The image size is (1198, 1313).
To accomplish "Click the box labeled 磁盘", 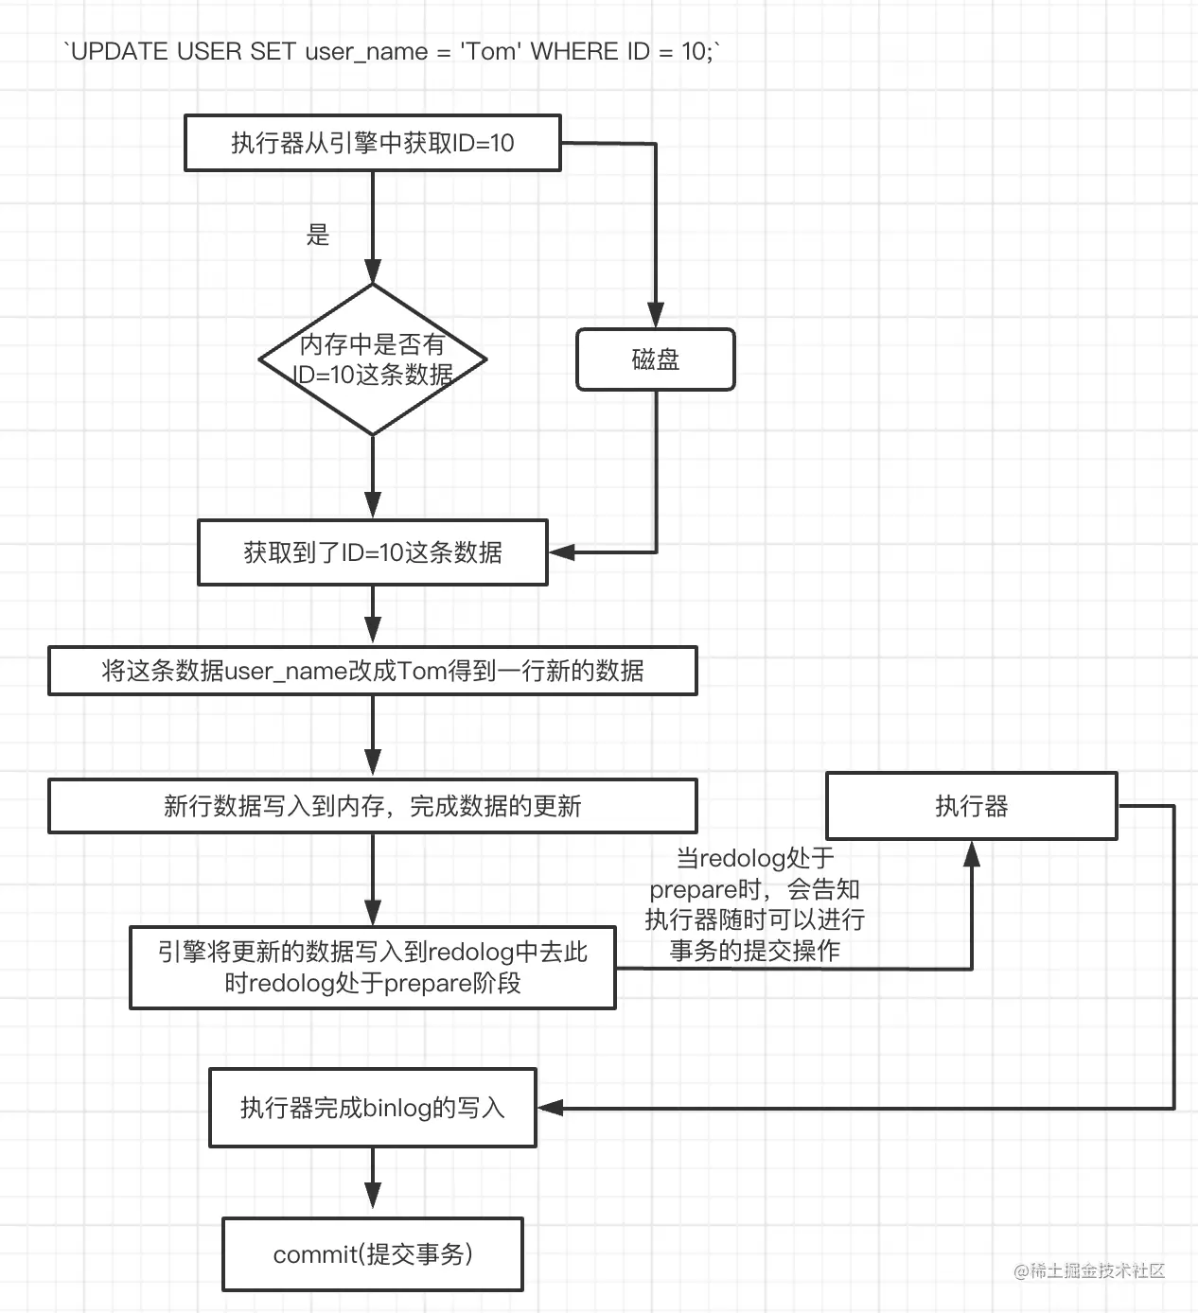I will point(655,359).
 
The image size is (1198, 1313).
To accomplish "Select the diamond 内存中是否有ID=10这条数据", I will point(373,359).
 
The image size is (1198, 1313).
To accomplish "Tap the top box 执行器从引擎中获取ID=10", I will point(372,143).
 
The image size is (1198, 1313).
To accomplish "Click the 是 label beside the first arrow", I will point(318,235).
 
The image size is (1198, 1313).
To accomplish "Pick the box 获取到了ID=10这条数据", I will point(372,552).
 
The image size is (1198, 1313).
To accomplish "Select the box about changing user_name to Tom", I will point(372,671).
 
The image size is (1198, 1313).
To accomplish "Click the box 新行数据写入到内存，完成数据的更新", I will point(372,806).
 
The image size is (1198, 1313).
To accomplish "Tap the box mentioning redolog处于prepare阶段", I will point(372,967).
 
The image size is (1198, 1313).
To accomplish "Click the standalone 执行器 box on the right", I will point(971,806).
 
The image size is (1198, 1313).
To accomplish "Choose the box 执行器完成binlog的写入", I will point(372,1108).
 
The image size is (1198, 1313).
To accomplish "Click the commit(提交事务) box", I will point(372,1254).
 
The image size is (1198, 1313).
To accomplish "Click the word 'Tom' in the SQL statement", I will point(490,51).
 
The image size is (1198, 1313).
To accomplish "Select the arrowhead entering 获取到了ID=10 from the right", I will point(562,552).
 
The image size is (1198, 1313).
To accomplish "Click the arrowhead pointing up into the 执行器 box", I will point(971,854).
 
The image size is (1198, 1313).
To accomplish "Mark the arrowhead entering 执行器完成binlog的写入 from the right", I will point(551,1108).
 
